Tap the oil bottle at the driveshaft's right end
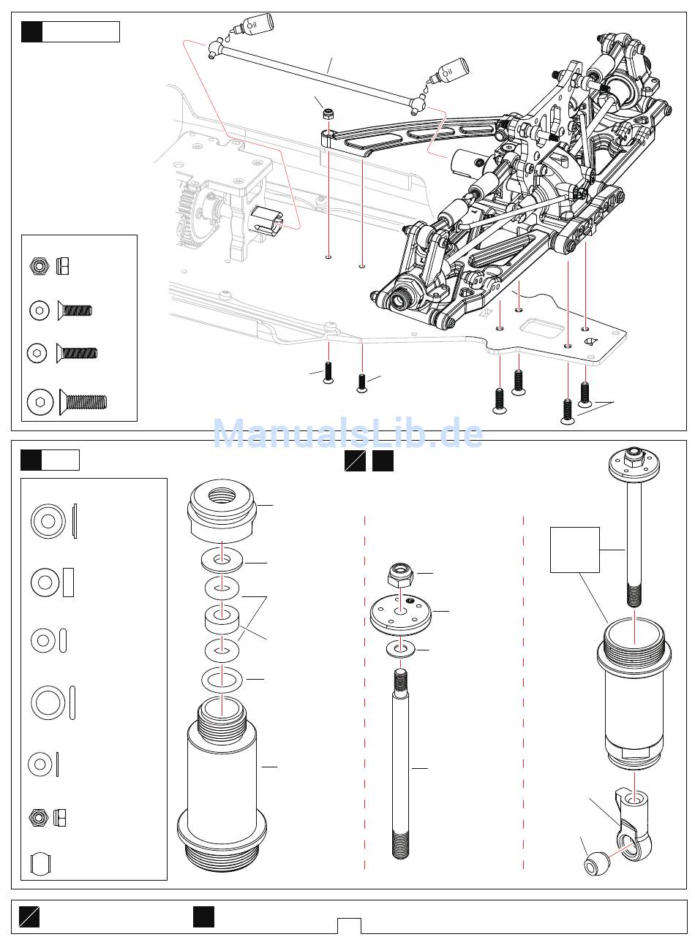[450, 71]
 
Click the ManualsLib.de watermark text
[347, 434]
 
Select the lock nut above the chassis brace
[329, 115]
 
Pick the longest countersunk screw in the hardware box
[83, 401]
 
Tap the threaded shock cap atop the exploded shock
[223, 509]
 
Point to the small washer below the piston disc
[399, 649]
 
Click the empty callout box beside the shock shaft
[574, 550]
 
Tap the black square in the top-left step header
[31, 31]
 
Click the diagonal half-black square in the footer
[30, 916]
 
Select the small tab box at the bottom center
[349, 925]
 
